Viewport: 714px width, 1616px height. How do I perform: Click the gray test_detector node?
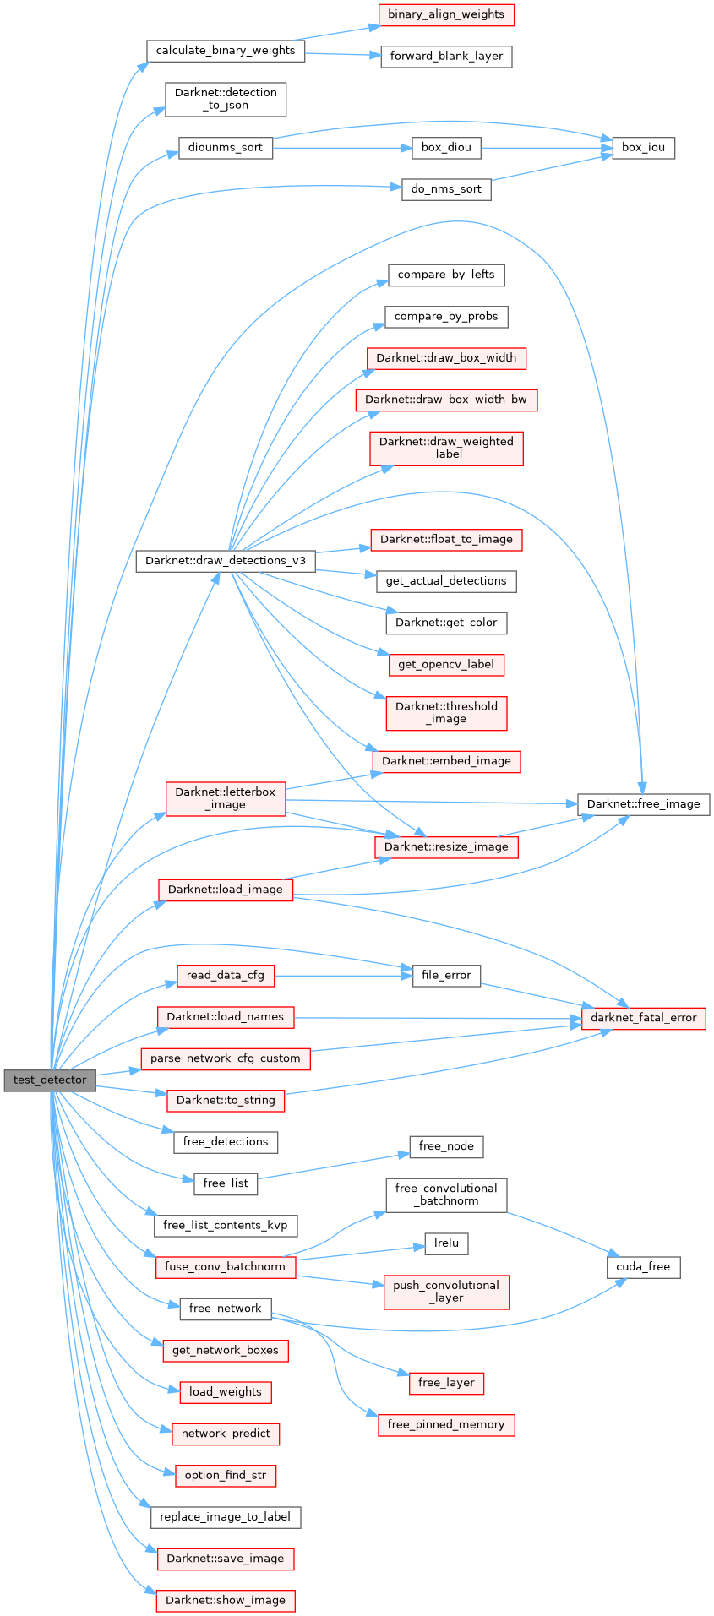tap(50, 1080)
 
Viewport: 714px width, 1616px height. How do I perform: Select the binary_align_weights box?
tap(446, 14)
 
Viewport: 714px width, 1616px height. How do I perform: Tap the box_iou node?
tap(643, 147)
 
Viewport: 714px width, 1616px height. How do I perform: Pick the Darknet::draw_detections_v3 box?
tap(226, 561)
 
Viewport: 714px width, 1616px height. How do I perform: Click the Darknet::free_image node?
tap(643, 804)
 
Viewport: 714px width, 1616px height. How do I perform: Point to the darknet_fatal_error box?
tap(643, 1018)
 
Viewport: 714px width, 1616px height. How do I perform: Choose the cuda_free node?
tap(643, 1267)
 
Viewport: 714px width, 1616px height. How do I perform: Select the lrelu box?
tap(446, 1243)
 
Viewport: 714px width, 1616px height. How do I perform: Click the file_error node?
tap(446, 976)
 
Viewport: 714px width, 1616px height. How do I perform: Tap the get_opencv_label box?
tap(446, 665)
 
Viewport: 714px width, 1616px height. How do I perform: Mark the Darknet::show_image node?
tap(226, 1601)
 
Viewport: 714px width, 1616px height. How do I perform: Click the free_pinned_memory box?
tap(446, 1425)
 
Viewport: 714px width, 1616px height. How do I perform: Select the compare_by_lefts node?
tap(446, 275)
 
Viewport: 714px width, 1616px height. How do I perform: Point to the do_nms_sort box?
tap(446, 189)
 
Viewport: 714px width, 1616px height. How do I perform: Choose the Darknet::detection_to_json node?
tap(226, 99)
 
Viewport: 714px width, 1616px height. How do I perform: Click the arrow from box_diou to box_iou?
tap(541, 148)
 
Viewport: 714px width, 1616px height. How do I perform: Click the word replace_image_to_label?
tap(226, 1517)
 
